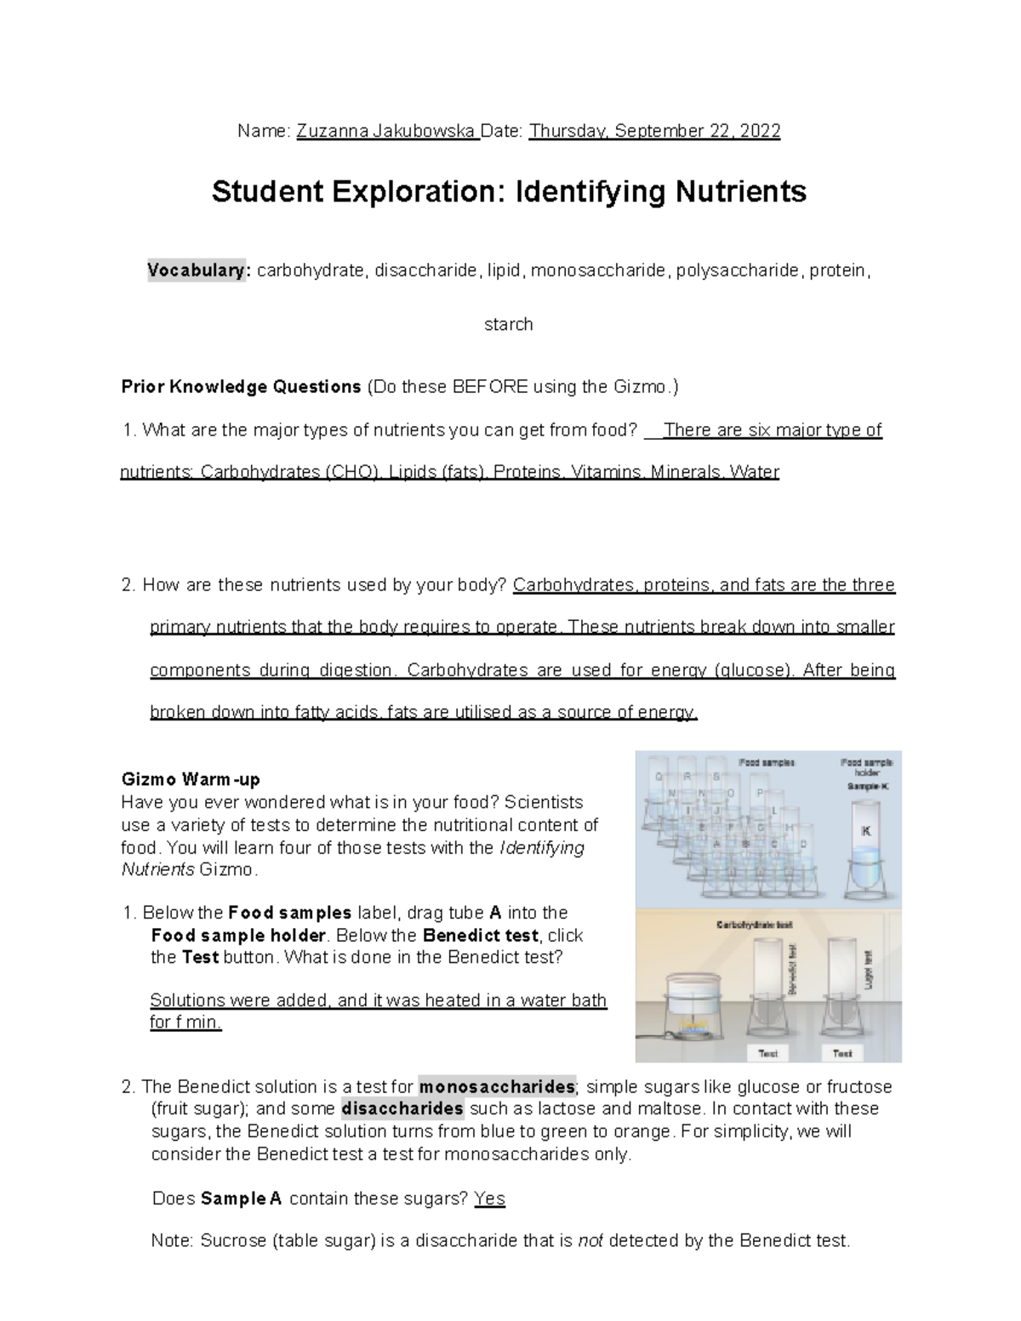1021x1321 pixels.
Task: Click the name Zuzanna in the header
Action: (328, 131)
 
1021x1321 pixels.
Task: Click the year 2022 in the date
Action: (760, 131)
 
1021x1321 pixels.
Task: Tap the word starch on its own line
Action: (508, 324)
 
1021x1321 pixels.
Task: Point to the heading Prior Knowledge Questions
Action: (242, 387)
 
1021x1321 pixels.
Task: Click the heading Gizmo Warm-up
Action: (191, 779)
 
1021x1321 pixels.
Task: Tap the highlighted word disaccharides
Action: (402, 1109)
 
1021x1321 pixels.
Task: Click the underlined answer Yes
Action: (489, 1199)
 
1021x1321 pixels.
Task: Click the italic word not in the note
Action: (590, 1241)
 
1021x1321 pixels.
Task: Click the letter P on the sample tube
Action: (760, 793)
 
